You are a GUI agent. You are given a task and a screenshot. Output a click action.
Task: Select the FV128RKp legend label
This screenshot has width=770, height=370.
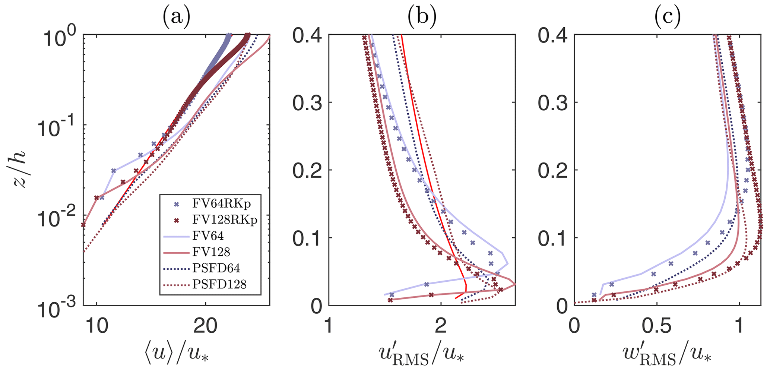tap(225, 220)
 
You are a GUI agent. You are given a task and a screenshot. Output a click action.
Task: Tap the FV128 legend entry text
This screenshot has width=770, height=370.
tap(211, 252)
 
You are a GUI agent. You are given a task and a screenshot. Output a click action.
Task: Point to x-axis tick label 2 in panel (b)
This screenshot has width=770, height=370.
tap(441, 322)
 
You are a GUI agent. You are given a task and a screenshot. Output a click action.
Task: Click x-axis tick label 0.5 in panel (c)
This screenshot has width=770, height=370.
tap(657, 322)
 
